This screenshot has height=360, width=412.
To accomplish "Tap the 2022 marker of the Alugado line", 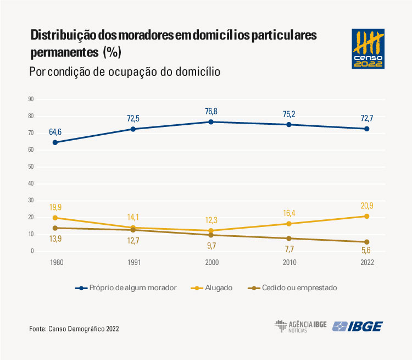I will (367, 216).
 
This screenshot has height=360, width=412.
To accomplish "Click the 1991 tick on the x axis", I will (133, 263).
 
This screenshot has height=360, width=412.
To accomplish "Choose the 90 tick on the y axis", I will (31, 99).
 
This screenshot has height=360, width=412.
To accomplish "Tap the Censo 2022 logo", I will (368, 49).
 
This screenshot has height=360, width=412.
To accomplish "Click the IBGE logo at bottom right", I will (358, 326).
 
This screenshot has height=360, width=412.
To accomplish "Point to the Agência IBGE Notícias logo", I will (300, 326).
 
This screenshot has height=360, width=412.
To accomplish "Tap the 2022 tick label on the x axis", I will (367, 263).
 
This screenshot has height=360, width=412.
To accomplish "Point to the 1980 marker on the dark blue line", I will (55, 142).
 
